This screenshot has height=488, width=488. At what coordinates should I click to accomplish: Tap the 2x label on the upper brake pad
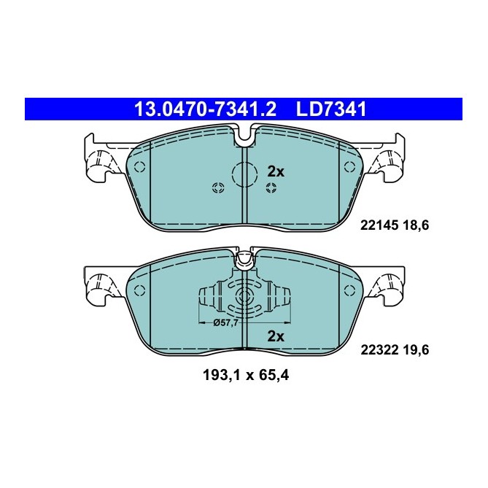[275, 171]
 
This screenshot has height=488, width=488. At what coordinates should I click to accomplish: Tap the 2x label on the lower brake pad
[275, 336]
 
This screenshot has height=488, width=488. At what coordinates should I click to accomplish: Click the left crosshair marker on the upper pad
[217, 189]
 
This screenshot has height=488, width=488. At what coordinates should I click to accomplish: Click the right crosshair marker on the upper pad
[271, 189]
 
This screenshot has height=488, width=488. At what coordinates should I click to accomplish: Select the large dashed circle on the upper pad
[244, 174]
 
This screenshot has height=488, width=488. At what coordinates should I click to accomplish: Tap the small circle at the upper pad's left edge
[140, 167]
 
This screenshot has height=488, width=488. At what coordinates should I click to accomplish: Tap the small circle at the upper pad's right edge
[348, 167]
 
